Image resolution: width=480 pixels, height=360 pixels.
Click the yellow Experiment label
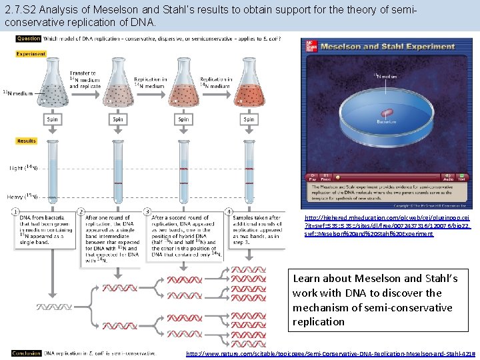tap(31, 54)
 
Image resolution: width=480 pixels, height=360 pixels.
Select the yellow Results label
tap(27, 141)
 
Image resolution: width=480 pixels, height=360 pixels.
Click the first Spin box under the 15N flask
tap(52, 120)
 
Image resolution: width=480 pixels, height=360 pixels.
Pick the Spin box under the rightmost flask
tap(249, 120)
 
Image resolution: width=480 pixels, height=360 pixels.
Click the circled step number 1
tap(15, 212)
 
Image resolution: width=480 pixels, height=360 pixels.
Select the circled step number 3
tap(147, 212)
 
